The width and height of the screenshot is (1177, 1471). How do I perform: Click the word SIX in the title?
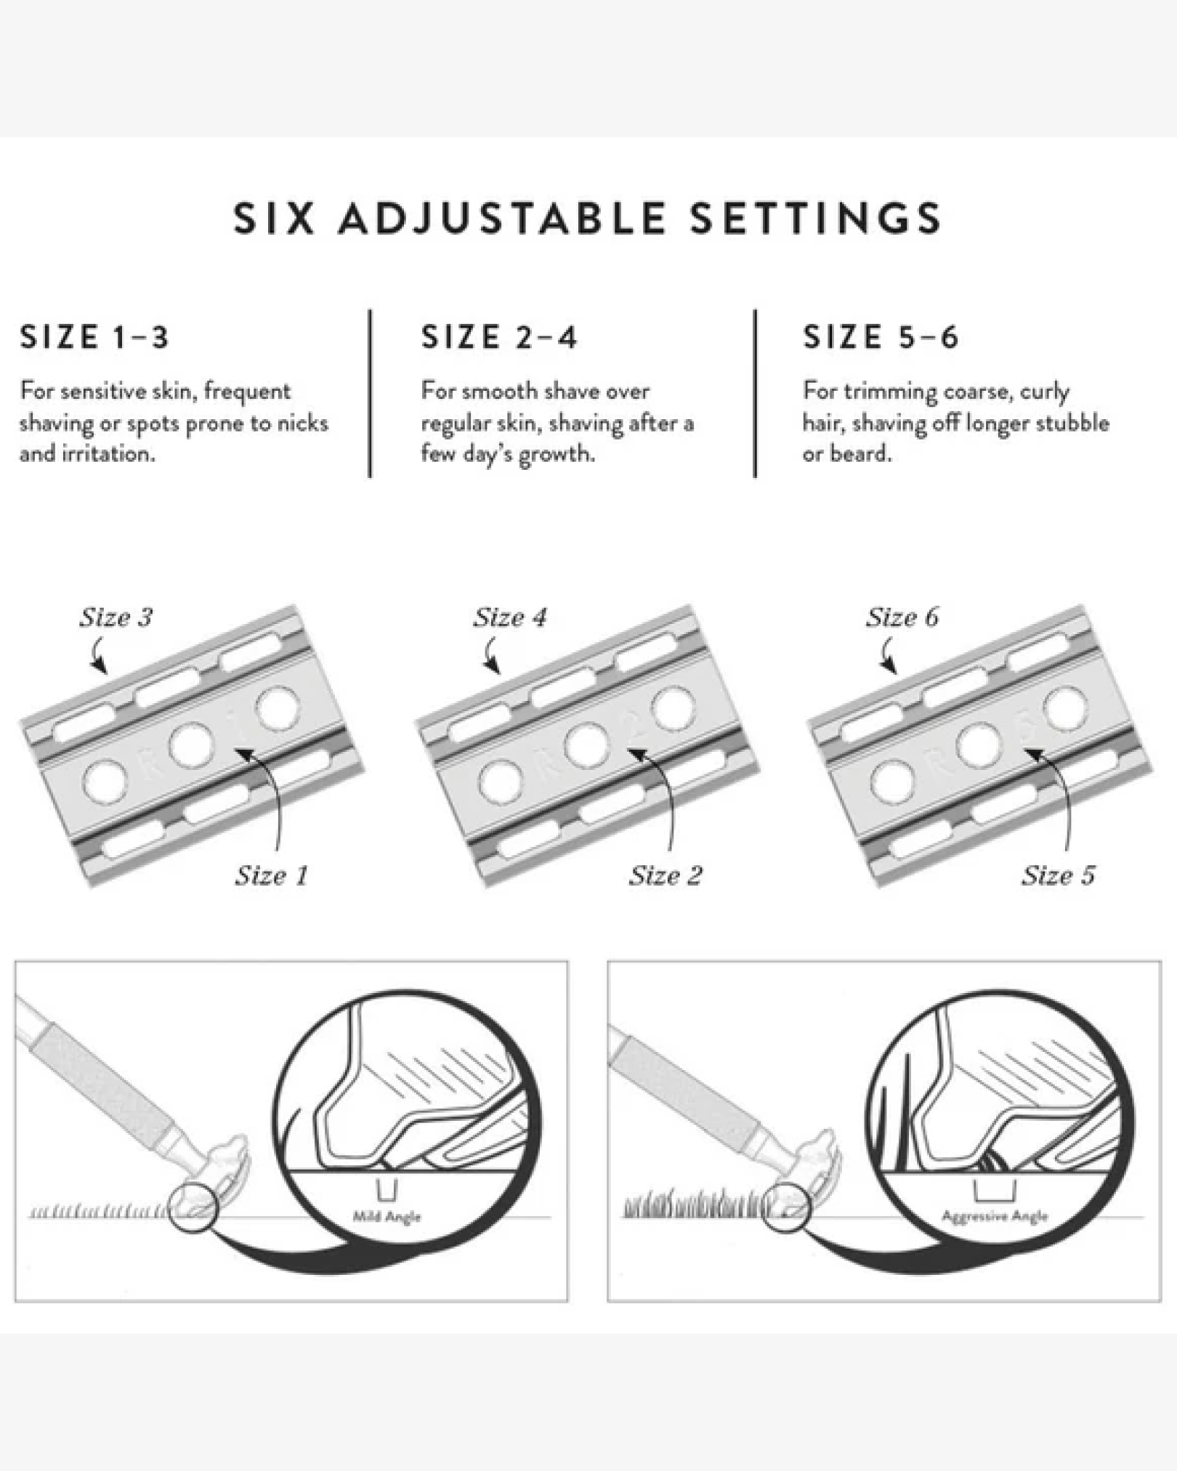pos(274,219)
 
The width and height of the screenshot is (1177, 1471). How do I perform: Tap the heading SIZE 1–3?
pos(94,337)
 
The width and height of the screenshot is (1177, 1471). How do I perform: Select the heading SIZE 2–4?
pos(499,337)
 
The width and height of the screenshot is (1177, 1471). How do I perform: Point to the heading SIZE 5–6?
pos(881,337)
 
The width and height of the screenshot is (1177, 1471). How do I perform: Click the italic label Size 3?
pos(116,617)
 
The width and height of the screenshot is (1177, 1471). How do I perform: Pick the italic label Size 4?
pos(510,617)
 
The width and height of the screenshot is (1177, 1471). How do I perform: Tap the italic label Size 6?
pos(902,617)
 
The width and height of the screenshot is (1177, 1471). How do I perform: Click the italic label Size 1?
pos(272,875)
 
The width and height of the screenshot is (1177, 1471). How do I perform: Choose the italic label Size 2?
pos(666,875)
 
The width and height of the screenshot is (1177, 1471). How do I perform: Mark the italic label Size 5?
pos(1058,875)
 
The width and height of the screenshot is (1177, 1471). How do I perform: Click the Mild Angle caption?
pos(387,1217)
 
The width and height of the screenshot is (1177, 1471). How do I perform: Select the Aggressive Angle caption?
pos(995,1217)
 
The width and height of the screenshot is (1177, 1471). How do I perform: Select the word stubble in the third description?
pos(1072,422)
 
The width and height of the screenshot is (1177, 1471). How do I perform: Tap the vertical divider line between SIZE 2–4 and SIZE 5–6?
pos(755,393)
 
